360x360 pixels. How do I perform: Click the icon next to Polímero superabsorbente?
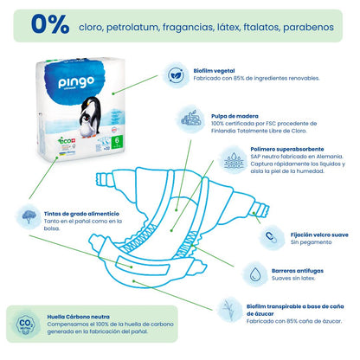(233, 161)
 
